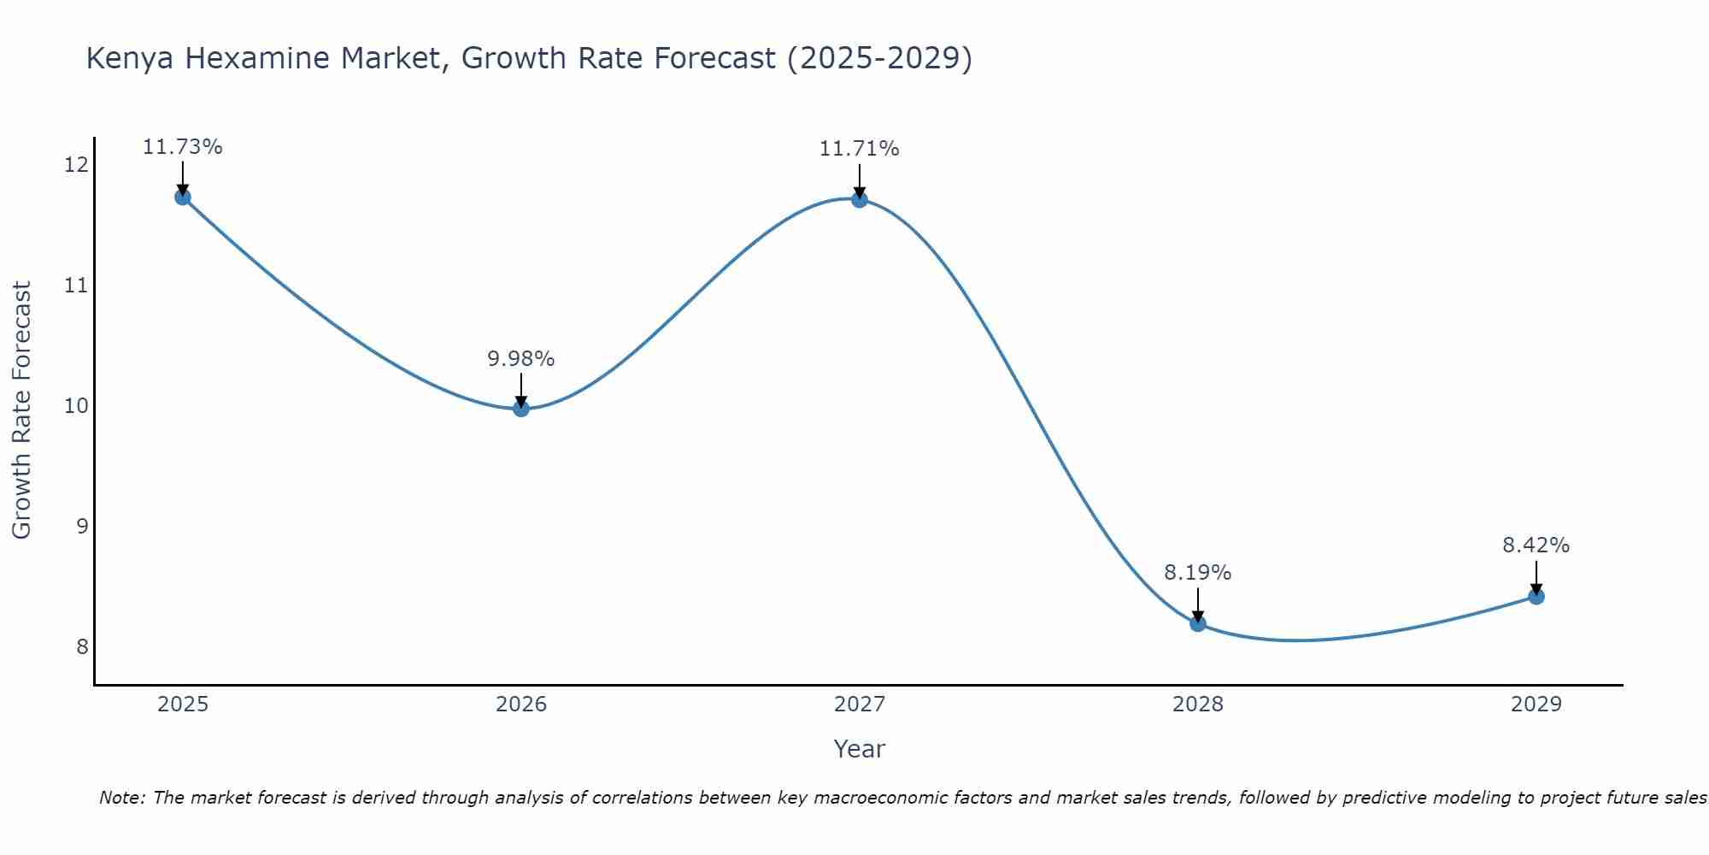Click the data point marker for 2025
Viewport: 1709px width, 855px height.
[x=182, y=198]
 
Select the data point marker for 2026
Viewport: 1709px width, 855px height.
[x=521, y=409]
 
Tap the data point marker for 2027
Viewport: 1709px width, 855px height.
[x=860, y=200]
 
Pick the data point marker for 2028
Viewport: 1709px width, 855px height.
[x=1198, y=623]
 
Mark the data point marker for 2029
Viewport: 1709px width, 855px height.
[x=1536, y=596]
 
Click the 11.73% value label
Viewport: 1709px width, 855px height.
[x=182, y=147]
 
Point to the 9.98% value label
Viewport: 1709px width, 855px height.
[x=521, y=359]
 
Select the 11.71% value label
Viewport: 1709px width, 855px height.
[x=860, y=149]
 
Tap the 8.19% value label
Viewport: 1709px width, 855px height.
[x=1198, y=573]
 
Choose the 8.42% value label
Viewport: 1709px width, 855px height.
[x=1536, y=545]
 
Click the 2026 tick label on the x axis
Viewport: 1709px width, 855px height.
[x=521, y=705]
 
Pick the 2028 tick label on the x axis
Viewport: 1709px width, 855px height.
[x=1198, y=705]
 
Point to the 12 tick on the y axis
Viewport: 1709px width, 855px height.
[x=77, y=164]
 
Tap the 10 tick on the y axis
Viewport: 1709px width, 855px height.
[x=77, y=405]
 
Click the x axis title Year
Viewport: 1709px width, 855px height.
[x=860, y=749]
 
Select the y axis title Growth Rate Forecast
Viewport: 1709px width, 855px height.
[x=22, y=410]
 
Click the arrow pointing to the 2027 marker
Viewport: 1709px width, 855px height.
[x=860, y=181]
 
